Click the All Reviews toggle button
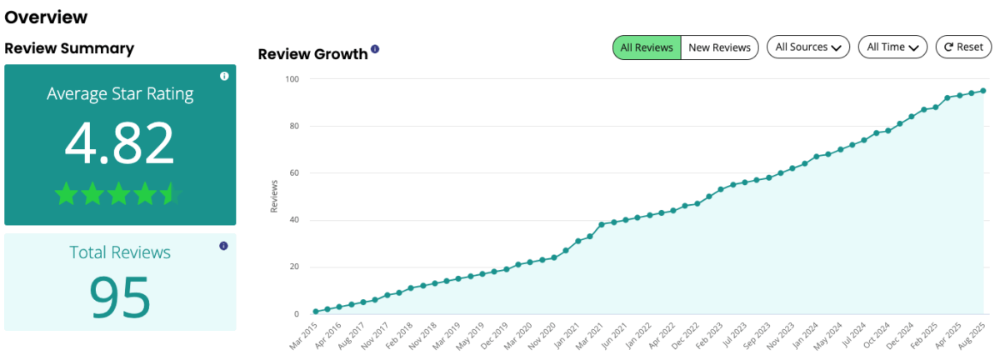647,47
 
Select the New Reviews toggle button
719,47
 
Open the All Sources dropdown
807,47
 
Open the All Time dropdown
892,47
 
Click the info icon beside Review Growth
375,50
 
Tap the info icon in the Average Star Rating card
224,77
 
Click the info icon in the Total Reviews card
223,246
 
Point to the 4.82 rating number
120,143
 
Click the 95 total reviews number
120,296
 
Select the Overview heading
46,17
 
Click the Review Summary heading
69,48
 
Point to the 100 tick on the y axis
292,79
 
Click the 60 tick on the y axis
294,173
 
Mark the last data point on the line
983,91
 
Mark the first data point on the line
316,312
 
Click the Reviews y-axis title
274,197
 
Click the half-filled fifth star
171,195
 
